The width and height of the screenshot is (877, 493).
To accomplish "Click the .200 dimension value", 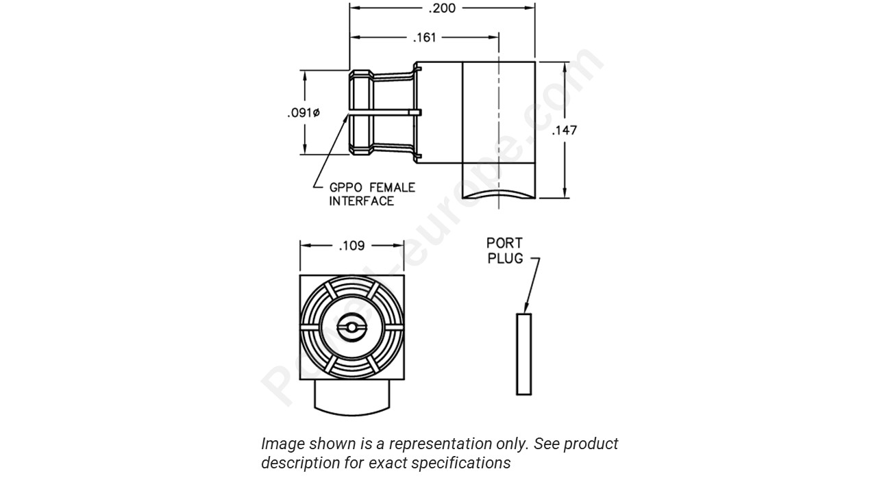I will tap(442, 8).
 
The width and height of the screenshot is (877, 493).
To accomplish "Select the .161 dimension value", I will tap(425, 38).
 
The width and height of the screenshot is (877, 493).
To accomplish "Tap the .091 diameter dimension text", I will tap(303, 113).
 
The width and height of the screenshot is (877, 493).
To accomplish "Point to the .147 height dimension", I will tap(565, 130).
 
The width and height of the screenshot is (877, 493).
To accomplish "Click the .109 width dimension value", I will tap(351, 245).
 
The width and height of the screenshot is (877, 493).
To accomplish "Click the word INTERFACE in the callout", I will tap(361, 201).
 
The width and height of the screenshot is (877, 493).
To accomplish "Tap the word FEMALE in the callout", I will tap(392, 187).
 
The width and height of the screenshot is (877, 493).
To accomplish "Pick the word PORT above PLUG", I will tap(504, 243).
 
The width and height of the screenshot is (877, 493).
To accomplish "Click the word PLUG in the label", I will tap(505, 258).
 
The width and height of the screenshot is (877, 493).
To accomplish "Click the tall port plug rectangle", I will tap(523, 354).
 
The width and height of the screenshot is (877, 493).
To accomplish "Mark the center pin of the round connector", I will tap(351, 328).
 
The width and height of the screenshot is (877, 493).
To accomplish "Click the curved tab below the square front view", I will tap(351, 398).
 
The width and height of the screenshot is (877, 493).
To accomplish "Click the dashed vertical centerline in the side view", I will tap(498, 123).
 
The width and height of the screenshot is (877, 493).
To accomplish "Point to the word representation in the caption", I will tap(436, 444).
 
